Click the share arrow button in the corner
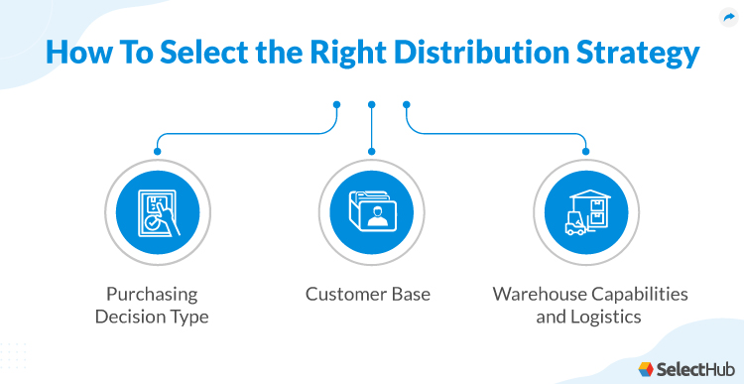click(x=729, y=17)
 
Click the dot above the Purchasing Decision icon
click(x=156, y=152)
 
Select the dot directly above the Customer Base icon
click(x=371, y=152)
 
